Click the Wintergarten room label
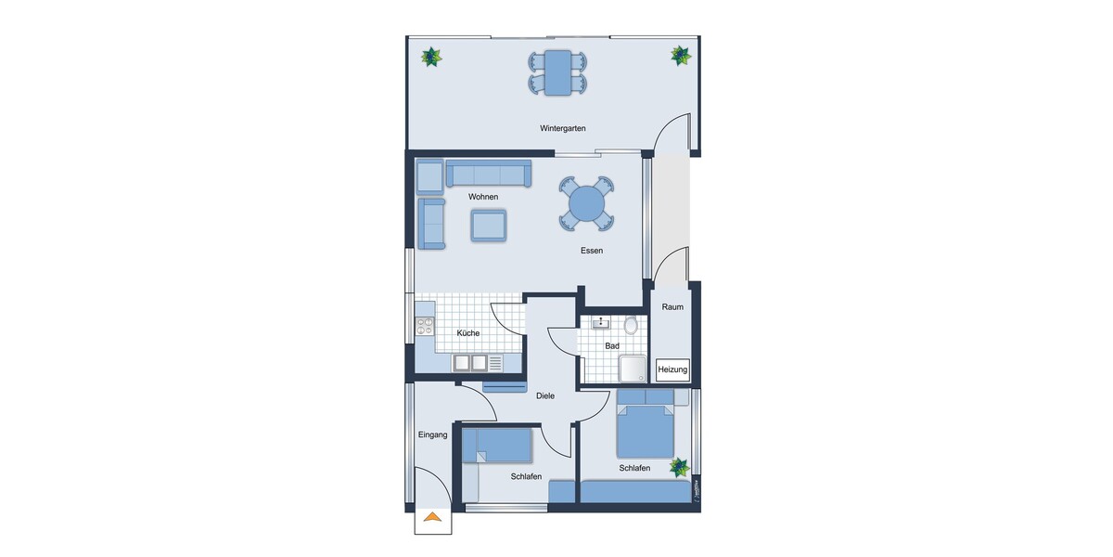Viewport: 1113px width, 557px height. pos(563,128)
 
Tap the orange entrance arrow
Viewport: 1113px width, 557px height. pos(432,518)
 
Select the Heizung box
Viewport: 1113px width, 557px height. pos(672,369)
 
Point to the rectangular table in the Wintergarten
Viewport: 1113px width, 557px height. pos(558,72)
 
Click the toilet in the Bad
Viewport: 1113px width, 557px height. pos(632,325)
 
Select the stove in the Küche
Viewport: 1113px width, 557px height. pos(426,326)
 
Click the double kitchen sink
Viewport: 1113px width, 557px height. pos(469,363)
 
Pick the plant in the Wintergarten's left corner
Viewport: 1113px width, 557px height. pos(431,57)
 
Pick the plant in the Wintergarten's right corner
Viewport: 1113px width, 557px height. pos(681,55)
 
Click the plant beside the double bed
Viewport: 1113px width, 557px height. pos(682,467)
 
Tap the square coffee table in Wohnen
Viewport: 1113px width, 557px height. pos(489,225)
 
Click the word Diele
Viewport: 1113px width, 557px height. pos(545,396)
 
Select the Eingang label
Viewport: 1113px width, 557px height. pos(432,434)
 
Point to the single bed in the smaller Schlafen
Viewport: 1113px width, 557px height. pos(498,446)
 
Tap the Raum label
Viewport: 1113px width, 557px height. pos(672,306)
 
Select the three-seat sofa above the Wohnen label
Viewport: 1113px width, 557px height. pos(488,174)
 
